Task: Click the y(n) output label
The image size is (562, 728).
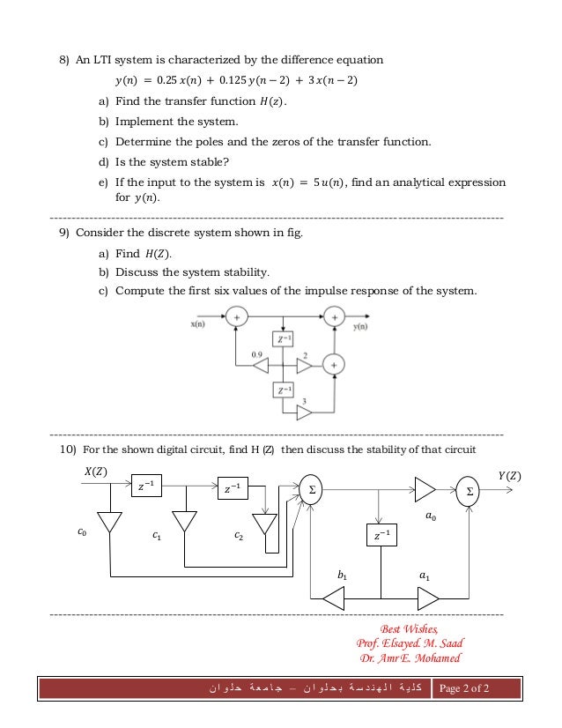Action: (x=359, y=326)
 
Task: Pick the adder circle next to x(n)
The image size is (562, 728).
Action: (x=236, y=317)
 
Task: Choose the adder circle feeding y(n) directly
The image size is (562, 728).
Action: (x=334, y=317)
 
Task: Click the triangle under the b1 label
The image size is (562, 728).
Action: (x=334, y=599)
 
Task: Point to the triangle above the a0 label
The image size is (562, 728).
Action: (x=425, y=489)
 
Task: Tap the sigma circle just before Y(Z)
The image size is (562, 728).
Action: (x=468, y=490)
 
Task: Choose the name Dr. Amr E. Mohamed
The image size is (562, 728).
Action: (x=409, y=657)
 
